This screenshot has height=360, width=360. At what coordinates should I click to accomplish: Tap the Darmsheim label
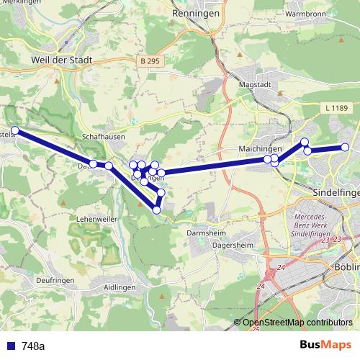pos(207,233)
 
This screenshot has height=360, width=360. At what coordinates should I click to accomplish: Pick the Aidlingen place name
pos(120,287)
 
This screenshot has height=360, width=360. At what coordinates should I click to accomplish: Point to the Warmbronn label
pos(307,13)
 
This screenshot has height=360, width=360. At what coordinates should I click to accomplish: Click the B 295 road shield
pos(150,62)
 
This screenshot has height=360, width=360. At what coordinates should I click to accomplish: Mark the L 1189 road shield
pos(336,107)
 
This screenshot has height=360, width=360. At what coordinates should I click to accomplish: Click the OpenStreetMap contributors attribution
pos(297,323)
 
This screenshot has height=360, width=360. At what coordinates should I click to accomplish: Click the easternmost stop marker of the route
pos(346,148)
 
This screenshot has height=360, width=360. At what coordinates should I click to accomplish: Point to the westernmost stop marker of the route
pos(14,130)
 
